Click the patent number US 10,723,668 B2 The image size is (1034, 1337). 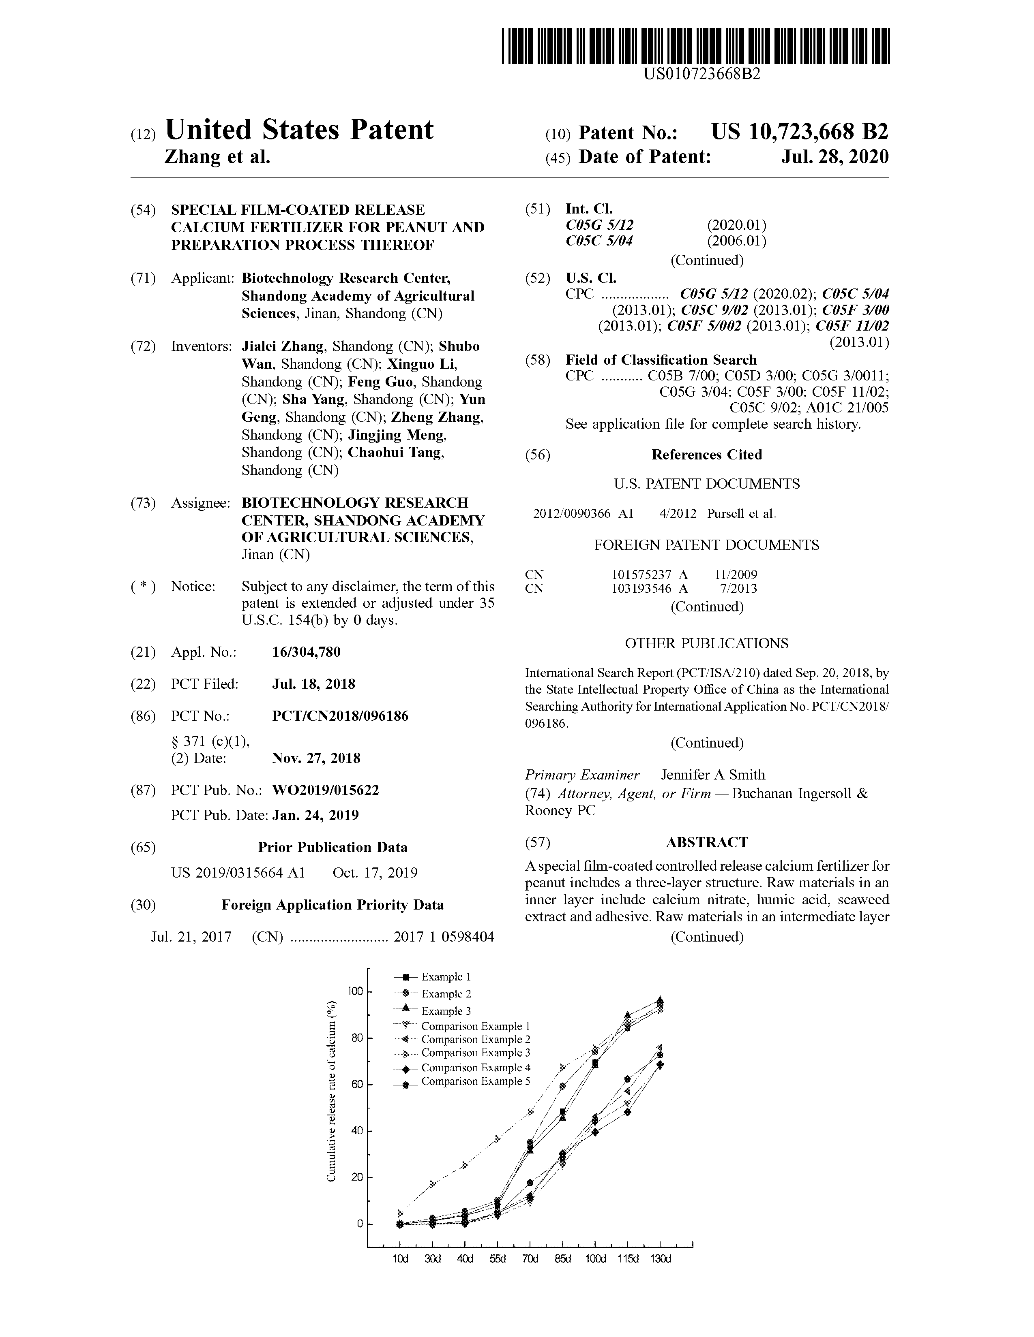799,132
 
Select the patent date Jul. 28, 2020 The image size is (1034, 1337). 834,157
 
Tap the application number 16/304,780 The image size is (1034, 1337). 306,652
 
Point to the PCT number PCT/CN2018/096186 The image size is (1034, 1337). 340,715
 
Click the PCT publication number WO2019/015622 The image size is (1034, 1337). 325,790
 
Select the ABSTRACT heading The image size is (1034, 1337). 706,842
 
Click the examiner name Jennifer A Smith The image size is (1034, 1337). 712,774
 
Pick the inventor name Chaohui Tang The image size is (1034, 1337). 395,453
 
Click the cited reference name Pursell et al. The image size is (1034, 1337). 741,514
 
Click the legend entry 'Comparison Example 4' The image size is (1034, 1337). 475,1067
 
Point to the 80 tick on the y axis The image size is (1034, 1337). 356,1038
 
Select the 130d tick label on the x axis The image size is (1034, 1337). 660,1259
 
